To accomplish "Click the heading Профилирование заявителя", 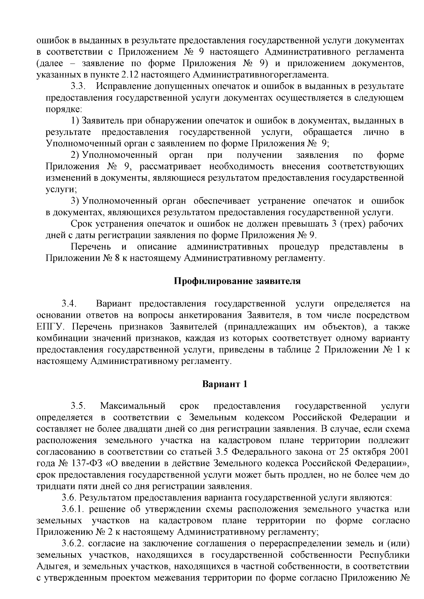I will pyautogui.click(x=237, y=281).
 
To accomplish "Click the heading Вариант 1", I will pyautogui.click(x=224, y=384).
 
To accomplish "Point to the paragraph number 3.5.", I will pyautogui.click(x=79, y=406).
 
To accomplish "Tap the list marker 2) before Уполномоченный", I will pyautogui.click(x=75, y=155).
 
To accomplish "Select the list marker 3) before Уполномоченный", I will pyautogui.click(x=75, y=201).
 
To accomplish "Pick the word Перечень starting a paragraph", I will pyautogui.click(x=91, y=247).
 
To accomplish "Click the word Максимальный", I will pyautogui.click(x=133, y=406).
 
